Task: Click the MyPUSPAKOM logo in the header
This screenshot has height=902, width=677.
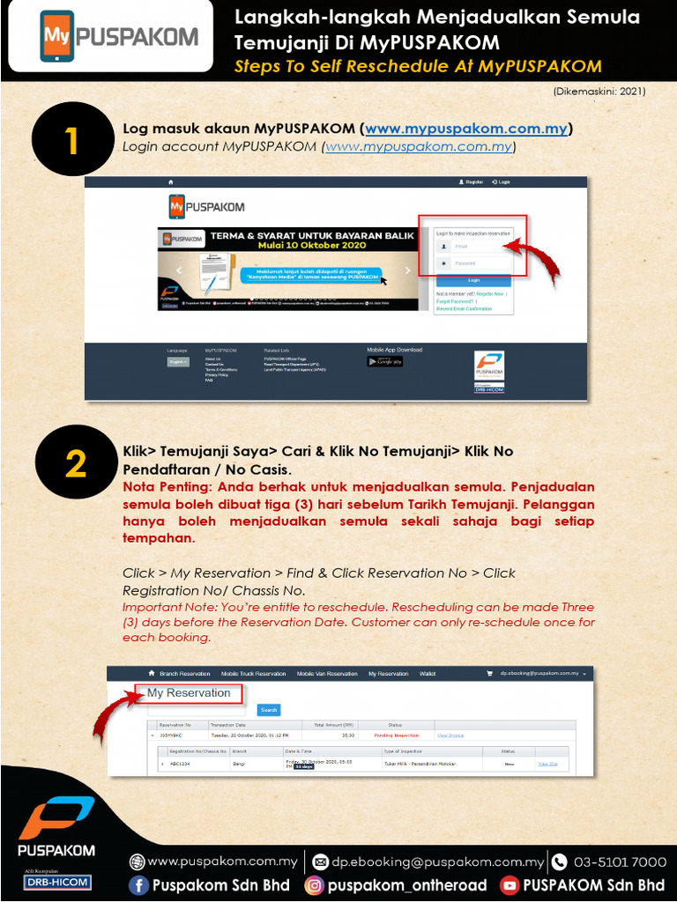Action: [118, 38]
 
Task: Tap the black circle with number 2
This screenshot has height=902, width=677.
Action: [74, 464]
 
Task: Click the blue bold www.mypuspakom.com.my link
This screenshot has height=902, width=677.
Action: [466, 129]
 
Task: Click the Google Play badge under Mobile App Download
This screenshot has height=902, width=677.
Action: [384, 361]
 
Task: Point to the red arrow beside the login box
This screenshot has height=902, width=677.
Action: [540, 261]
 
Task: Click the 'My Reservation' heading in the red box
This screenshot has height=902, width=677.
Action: [189, 693]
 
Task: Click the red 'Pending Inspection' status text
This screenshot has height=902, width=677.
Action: [396, 735]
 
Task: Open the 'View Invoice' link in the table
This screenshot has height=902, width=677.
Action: [450, 735]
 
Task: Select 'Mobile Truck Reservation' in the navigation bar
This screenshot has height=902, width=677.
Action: [253, 674]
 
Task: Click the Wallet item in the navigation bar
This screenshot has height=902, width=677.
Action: [428, 674]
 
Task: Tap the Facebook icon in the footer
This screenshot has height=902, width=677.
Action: [138, 885]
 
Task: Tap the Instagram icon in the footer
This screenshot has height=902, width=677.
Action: [315, 885]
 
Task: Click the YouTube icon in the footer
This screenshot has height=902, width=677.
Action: [510, 885]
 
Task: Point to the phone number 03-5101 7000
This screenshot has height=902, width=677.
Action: [620, 861]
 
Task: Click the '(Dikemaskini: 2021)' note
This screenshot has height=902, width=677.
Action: [599, 92]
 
